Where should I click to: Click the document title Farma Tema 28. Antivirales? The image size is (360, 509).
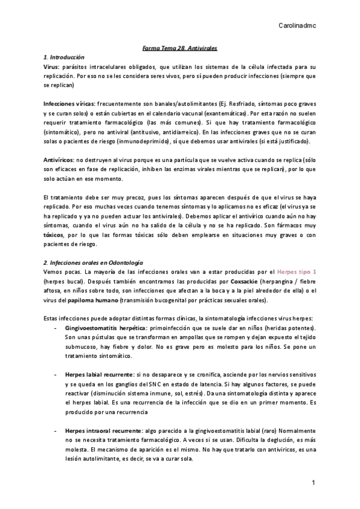179,47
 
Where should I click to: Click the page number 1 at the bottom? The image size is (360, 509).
313,483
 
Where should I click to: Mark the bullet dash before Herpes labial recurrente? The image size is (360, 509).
56,373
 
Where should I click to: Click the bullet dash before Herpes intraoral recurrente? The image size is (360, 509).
56,430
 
